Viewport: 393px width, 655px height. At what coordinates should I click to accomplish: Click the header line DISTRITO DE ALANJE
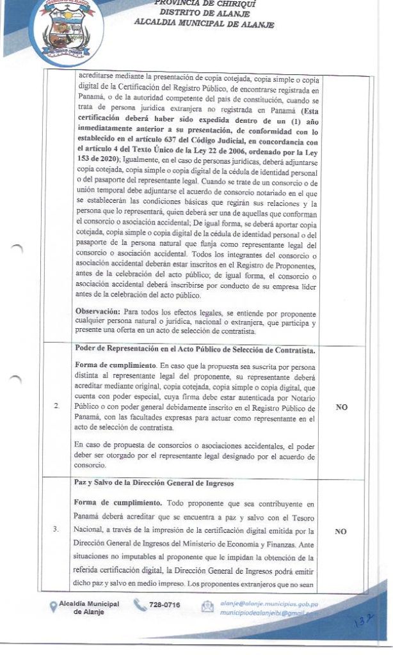pos(204,13)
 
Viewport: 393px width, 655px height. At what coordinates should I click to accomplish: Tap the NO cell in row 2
pos(341,407)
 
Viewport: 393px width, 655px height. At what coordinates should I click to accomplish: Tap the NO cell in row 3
pos(341,531)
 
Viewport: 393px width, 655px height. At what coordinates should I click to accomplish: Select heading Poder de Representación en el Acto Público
pos(195,351)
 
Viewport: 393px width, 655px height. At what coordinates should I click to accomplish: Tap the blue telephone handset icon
pos(140,605)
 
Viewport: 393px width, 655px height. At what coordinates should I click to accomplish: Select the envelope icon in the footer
pos(207,607)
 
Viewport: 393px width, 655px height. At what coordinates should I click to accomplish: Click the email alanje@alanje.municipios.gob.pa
pos(269,603)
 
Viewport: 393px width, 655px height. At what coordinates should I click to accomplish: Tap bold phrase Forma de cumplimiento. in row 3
pos(112,503)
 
